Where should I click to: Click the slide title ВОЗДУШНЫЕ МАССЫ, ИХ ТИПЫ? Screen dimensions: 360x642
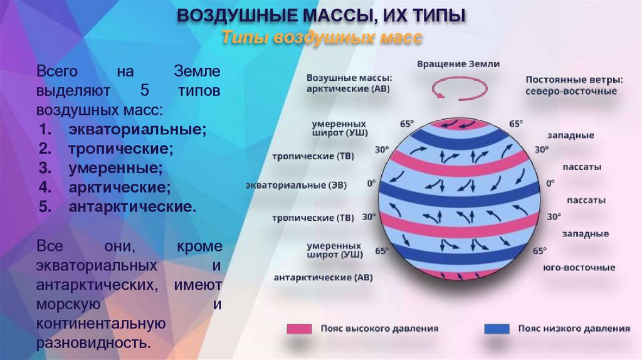pos(321,15)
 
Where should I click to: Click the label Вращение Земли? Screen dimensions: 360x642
pos(459,64)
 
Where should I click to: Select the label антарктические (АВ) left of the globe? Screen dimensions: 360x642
pos(323,277)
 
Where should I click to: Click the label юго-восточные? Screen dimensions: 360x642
pos(579,268)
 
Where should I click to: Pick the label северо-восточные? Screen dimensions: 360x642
pos(571,92)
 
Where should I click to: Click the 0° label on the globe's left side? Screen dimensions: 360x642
pos(371,184)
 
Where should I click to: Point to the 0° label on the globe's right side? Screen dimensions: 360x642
pos(550,183)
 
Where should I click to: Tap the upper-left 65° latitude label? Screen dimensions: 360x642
pos(407,124)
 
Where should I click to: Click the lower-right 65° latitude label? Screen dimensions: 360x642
pos(539,251)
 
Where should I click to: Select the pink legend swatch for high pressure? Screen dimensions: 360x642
pos(300,328)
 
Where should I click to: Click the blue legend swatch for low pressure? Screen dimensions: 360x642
pos(497,328)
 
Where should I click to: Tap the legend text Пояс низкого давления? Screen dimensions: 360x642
pos(574,328)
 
